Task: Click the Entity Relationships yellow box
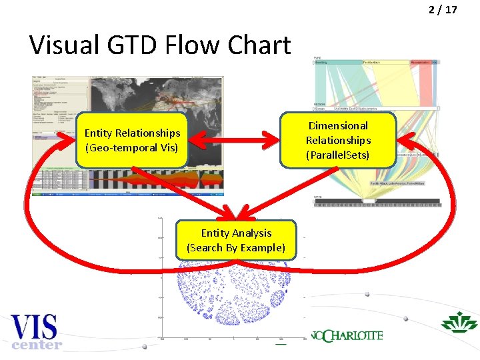click(131, 140)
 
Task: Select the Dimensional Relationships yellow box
click(338, 140)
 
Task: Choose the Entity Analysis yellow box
click(236, 240)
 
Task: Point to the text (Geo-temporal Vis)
click(131, 147)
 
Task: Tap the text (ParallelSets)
click(338, 155)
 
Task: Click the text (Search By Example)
click(236, 247)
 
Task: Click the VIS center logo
click(37, 332)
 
